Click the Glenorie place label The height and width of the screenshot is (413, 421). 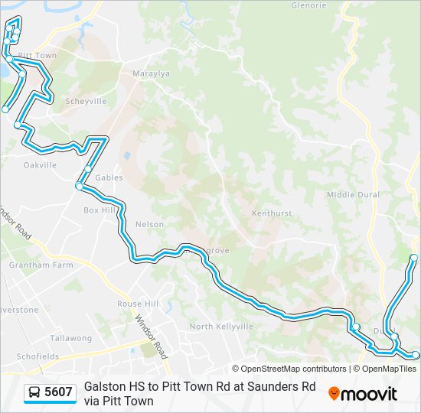tap(308, 5)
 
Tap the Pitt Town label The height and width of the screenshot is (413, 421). tap(38, 56)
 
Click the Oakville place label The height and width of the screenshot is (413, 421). tap(40, 164)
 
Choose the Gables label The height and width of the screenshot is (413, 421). tap(109, 177)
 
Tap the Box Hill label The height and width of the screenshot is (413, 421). tap(99, 210)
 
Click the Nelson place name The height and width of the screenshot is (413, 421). tap(149, 224)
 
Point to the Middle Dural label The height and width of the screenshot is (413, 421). tap(353, 195)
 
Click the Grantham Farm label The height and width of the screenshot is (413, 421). tap(41, 265)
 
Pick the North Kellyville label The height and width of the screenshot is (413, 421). tap(221, 327)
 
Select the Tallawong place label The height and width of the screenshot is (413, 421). tap(70, 337)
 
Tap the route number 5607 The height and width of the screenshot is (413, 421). tap(58, 392)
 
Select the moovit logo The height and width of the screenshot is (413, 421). tap(363, 394)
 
